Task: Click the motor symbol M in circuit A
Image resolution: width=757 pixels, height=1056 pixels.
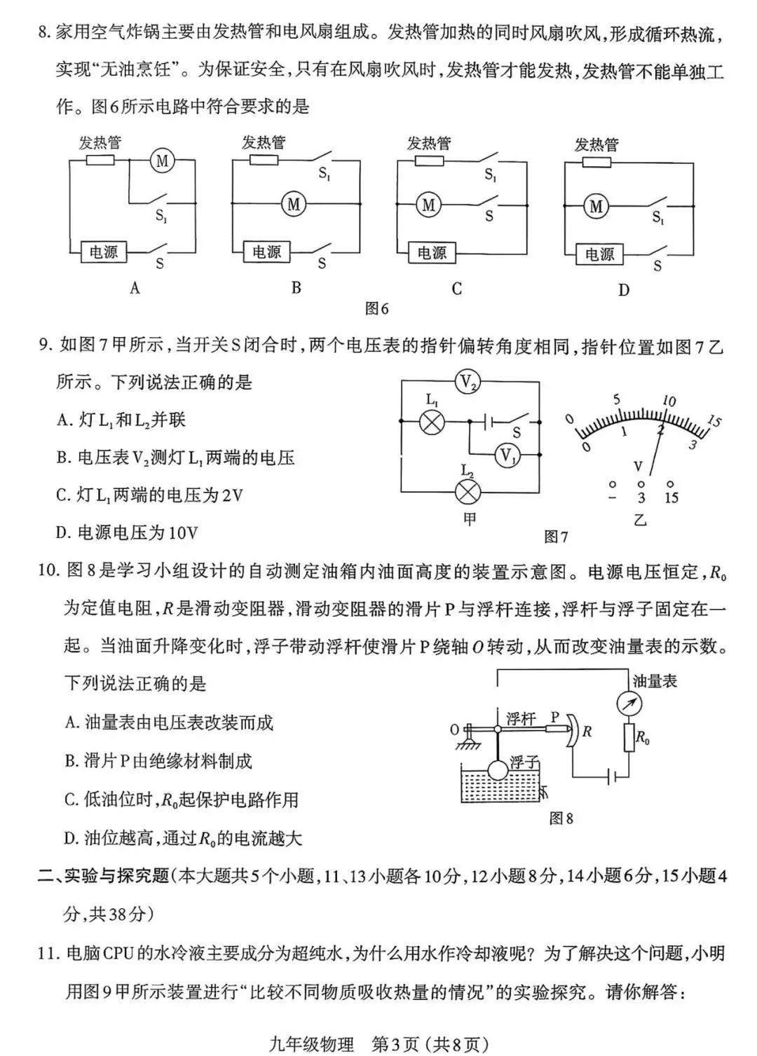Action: tap(163, 161)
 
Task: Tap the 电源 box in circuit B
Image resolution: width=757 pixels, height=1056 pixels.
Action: tap(266, 252)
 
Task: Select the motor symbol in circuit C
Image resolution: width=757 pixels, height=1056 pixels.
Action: tap(428, 205)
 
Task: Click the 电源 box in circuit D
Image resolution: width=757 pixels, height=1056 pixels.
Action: tap(599, 254)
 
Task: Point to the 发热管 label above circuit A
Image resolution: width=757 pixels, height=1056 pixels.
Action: tap(100, 143)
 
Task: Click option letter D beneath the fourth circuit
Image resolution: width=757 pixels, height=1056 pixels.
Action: tap(624, 290)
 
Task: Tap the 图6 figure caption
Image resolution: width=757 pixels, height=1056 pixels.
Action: tap(377, 308)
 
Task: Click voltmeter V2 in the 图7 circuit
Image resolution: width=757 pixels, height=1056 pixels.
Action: tap(468, 382)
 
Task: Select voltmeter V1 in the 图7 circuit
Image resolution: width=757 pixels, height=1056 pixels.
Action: tap(507, 456)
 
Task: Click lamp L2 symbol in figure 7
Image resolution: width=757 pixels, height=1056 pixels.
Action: tap(468, 491)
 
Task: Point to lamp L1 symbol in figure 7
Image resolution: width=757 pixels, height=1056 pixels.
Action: tap(432, 422)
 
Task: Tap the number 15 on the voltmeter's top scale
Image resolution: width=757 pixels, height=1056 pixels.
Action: tap(714, 421)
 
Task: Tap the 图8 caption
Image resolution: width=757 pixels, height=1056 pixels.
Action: tap(561, 818)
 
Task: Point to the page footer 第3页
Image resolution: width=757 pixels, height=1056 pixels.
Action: tap(395, 1045)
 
